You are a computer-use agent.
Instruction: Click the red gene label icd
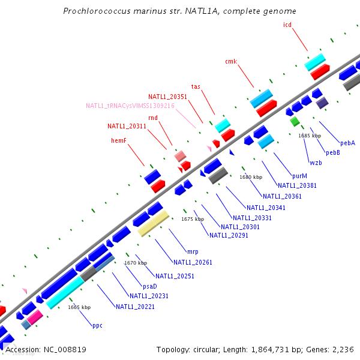click(287, 25)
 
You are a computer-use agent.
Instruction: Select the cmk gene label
click(231, 61)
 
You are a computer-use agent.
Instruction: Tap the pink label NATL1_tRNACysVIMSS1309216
click(130, 106)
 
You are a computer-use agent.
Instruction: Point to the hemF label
click(119, 140)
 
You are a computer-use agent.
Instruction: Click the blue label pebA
click(347, 143)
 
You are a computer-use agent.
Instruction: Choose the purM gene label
click(299, 176)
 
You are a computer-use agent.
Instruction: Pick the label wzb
click(316, 163)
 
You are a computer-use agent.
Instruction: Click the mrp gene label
click(193, 251)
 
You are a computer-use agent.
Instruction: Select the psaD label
click(149, 286)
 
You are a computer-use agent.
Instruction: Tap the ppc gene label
click(97, 325)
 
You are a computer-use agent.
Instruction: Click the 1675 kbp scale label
click(193, 219)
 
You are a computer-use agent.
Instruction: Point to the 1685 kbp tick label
click(310, 136)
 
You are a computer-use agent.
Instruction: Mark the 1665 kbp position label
click(79, 307)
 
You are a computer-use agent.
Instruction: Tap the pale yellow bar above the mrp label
click(154, 223)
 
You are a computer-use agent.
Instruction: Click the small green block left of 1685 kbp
click(295, 121)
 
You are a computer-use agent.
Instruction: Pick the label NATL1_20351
click(168, 97)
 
